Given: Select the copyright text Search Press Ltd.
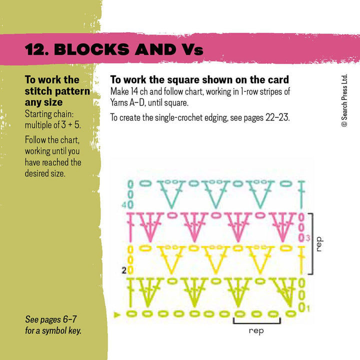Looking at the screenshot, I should coord(344,100).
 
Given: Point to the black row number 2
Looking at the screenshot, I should coord(123,270).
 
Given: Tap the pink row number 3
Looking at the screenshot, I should coord(308,237).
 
